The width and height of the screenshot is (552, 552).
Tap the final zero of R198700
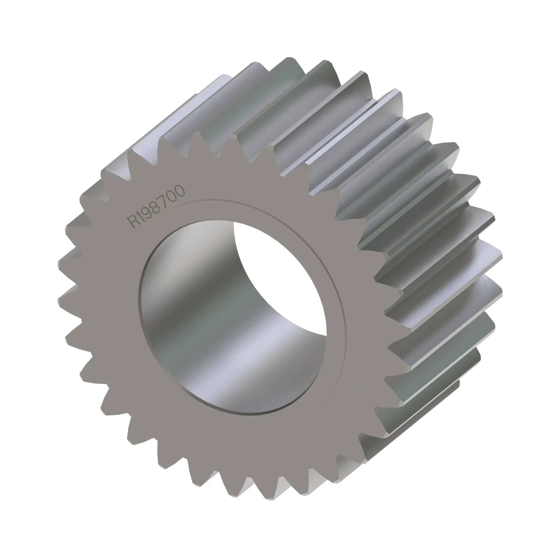coord(180,190)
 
